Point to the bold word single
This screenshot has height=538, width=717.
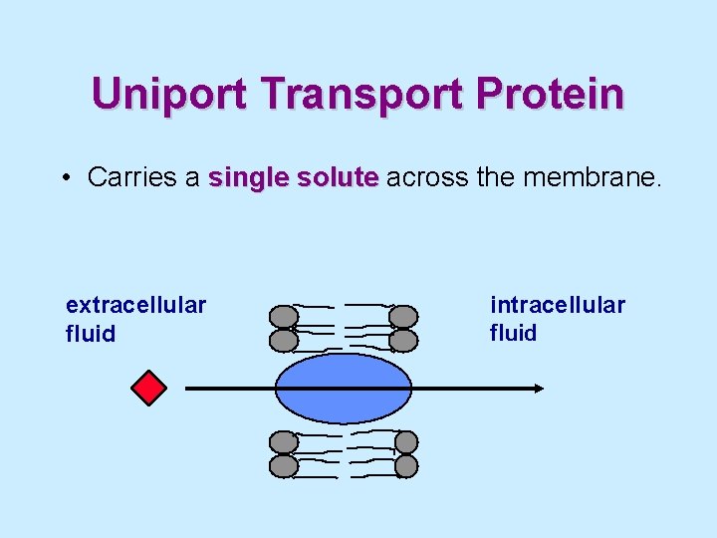pos(246,177)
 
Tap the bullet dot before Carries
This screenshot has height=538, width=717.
pos(63,178)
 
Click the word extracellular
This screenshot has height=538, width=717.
pos(135,304)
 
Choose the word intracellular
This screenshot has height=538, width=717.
pos(558,304)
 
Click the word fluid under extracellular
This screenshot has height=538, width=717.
pos(91,334)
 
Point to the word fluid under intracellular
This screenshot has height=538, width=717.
pos(513,333)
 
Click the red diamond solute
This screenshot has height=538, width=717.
pos(149,388)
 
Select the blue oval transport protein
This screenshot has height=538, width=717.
pos(344,389)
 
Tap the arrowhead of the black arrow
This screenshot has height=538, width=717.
pos(539,389)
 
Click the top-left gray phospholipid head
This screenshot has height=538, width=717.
pos(284,317)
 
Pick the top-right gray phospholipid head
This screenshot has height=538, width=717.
pos(403,317)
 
